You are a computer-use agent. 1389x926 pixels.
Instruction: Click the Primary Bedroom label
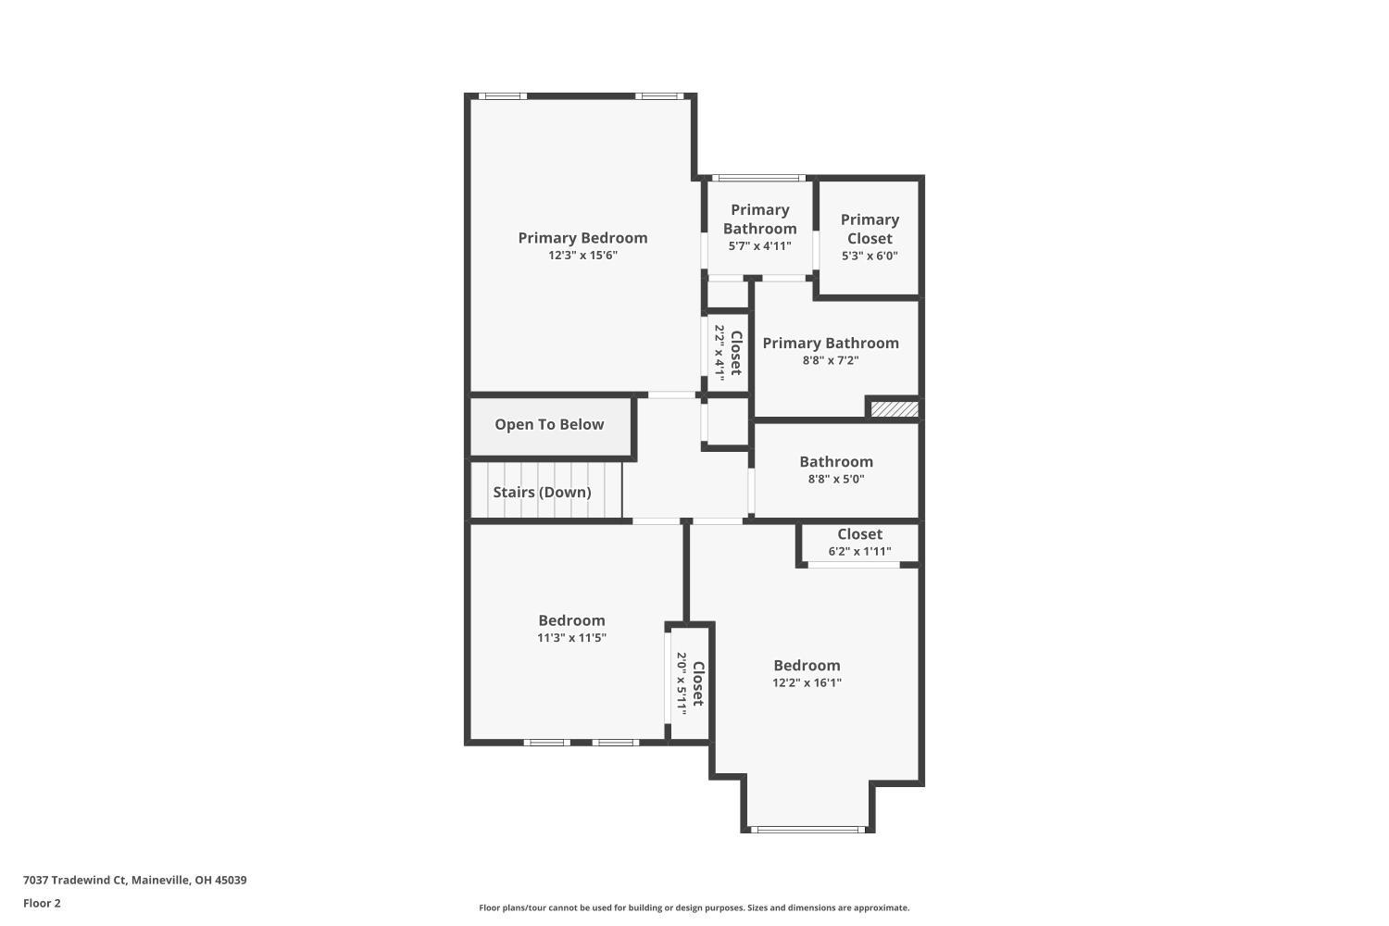click(x=582, y=238)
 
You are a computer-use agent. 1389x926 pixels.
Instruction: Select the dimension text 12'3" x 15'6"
click(x=582, y=256)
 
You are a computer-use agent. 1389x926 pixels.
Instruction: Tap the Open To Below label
click(x=549, y=424)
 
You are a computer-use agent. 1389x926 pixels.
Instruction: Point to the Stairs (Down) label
click(x=542, y=492)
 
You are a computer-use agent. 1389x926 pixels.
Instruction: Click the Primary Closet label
click(x=870, y=229)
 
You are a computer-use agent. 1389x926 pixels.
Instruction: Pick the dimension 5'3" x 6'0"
click(x=870, y=257)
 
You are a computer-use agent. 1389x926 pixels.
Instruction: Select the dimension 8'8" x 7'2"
click(x=831, y=361)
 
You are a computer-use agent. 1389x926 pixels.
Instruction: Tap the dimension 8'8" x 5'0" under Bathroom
click(x=836, y=480)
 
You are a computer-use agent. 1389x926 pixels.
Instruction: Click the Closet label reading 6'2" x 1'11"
click(x=859, y=534)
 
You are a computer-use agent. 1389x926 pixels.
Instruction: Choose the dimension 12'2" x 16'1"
click(x=807, y=683)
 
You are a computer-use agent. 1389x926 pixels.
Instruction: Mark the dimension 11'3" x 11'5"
click(x=571, y=638)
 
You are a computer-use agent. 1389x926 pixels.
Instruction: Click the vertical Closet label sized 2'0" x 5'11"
click(x=698, y=683)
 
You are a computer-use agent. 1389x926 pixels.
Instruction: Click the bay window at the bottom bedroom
click(x=807, y=829)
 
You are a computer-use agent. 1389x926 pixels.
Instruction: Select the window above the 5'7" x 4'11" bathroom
click(x=758, y=178)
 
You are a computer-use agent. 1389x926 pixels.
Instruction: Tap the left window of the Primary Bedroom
click(x=503, y=95)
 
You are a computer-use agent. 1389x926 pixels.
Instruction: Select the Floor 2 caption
click(x=42, y=904)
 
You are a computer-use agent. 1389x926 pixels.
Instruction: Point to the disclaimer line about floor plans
click(x=694, y=908)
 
